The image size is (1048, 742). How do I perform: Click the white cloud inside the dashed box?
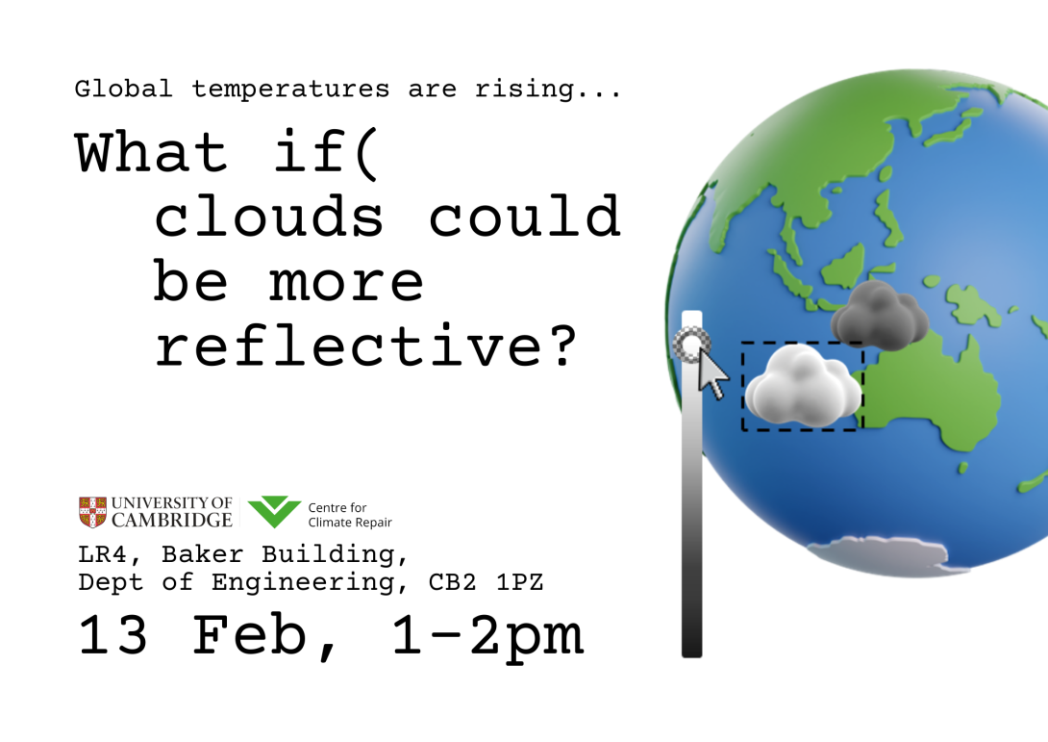803,387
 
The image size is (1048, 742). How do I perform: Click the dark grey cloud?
879,315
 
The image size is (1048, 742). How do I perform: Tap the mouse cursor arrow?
712,374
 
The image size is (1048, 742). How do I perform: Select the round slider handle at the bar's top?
691,344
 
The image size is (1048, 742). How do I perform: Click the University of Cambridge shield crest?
92,512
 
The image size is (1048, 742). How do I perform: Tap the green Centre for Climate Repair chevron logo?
274,512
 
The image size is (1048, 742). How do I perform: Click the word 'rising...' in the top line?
548,90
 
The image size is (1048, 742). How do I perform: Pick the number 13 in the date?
113,636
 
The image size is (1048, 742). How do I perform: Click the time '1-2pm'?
487,636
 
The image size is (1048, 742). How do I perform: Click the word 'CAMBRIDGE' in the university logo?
172,521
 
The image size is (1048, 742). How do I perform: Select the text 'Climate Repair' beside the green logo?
350,523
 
